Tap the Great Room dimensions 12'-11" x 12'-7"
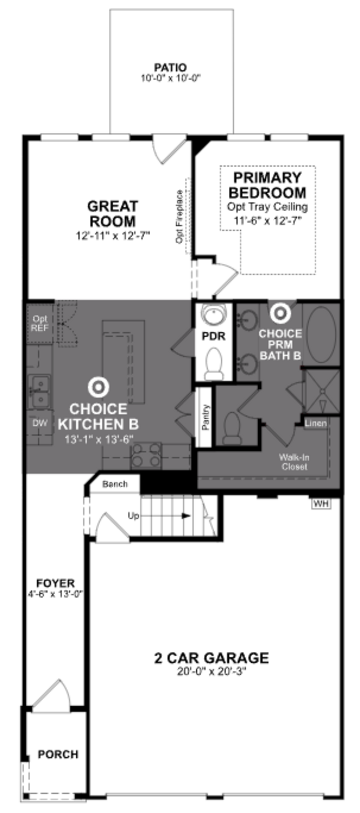pos(113,235)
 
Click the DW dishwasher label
pos(40,423)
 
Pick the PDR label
pos(214,336)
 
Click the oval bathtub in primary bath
pos(321,335)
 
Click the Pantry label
pos(205,417)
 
